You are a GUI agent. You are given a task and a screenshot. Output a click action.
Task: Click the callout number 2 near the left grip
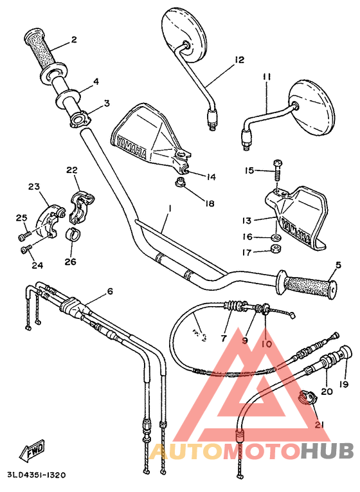(x=74, y=40)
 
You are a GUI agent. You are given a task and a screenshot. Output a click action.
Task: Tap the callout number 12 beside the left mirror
(x=239, y=60)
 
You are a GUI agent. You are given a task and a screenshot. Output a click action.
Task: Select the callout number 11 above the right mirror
(x=266, y=77)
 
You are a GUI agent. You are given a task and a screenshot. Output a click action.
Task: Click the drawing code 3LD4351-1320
(x=37, y=475)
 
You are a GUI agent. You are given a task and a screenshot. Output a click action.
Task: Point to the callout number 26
(x=70, y=262)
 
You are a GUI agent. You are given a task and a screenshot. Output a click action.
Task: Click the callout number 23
(x=34, y=187)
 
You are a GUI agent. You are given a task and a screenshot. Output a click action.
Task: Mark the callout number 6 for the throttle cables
(x=109, y=291)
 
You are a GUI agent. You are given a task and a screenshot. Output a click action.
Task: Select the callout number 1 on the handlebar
(x=169, y=209)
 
